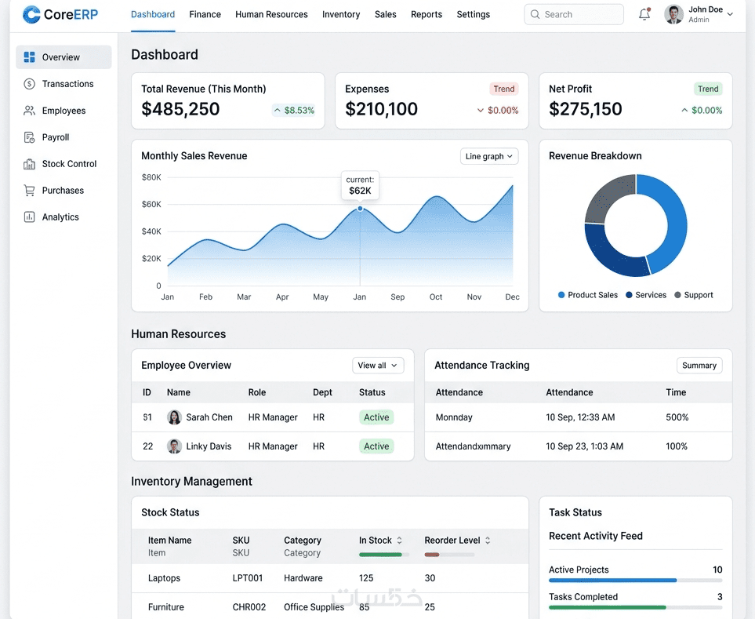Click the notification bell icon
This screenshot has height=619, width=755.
[644, 14]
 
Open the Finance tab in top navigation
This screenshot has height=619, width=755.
[205, 14]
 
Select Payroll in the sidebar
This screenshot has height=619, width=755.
[56, 137]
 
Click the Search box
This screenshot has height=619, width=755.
[573, 14]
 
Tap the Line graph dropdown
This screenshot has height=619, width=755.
[488, 156]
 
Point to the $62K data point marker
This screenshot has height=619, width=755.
[360, 209]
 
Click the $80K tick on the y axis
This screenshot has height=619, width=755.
[151, 177]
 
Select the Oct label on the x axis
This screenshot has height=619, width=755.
[436, 297]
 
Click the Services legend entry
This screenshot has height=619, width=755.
[646, 295]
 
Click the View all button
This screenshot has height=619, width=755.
[378, 365]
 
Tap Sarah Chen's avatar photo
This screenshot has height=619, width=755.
[174, 417]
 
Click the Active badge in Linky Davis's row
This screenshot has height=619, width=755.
[376, 446]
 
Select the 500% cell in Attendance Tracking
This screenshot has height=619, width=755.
[677, 417]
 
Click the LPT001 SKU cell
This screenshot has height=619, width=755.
[248, 578]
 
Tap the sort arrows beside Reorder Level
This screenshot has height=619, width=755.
[488, 541]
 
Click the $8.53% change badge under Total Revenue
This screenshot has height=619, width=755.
[294, 111]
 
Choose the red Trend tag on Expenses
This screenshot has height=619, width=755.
[503, 89]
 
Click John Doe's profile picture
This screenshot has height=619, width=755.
[673, 14]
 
